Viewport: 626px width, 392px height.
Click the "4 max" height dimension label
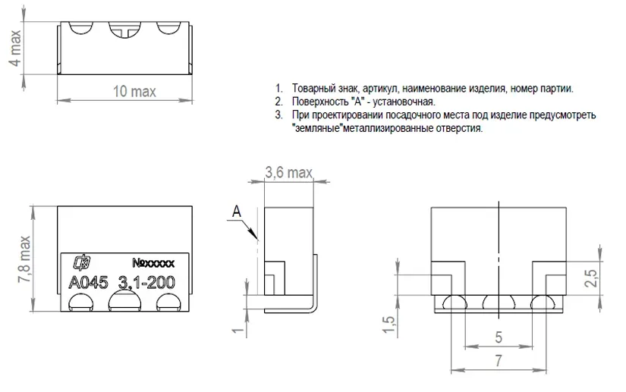(x=14, y=48)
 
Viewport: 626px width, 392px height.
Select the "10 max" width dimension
(x=134, y=91)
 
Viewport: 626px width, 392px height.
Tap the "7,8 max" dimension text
(x=24, y=259)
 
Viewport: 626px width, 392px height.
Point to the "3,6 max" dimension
(x=288, y=172)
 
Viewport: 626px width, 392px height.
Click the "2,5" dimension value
(x=591, y=278)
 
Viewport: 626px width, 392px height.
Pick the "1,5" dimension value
(x=388, y=325)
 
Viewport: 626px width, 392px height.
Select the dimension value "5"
(x=499, y=337)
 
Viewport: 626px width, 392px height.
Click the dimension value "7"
(x=499, y=361)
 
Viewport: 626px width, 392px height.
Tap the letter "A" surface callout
(x=237, y=211)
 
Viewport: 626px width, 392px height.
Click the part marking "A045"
(x=88, y=283)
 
